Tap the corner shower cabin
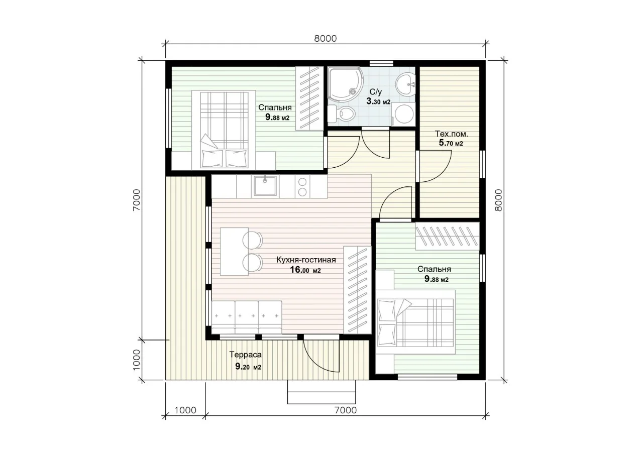point(345,84)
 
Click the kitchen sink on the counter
point(265,186)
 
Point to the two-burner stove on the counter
point(302,186)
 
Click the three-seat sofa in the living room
point(247,317)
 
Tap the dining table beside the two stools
point(234,252)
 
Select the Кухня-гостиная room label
point(306,260)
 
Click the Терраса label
point(246,355)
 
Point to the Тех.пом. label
point(451,134)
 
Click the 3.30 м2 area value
point(378,101)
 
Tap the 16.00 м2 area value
point(305,270)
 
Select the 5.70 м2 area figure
point(451,143)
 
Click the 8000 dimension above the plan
point(325,39)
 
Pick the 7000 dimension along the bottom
point(346,410)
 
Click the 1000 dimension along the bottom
point(185,410)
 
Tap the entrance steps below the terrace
point(321,392)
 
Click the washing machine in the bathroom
point(403,114)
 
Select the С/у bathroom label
point(375,92)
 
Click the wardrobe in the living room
point(357,290)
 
